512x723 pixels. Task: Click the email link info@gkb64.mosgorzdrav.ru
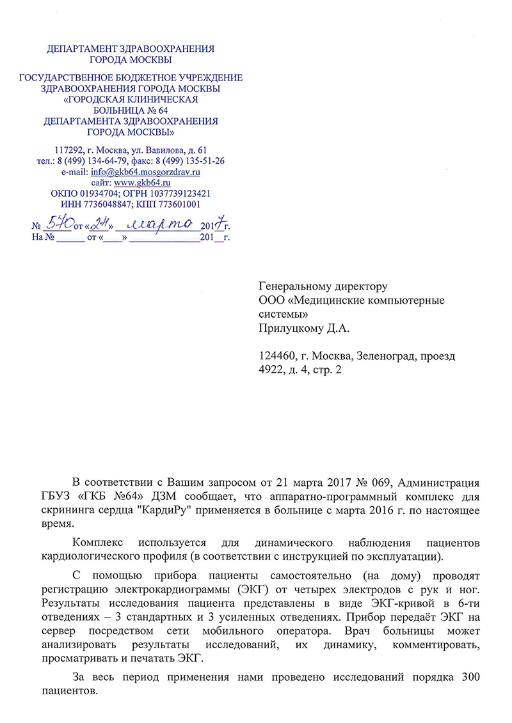click(146, 172)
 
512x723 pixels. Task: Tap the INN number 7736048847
click(109, 205)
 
